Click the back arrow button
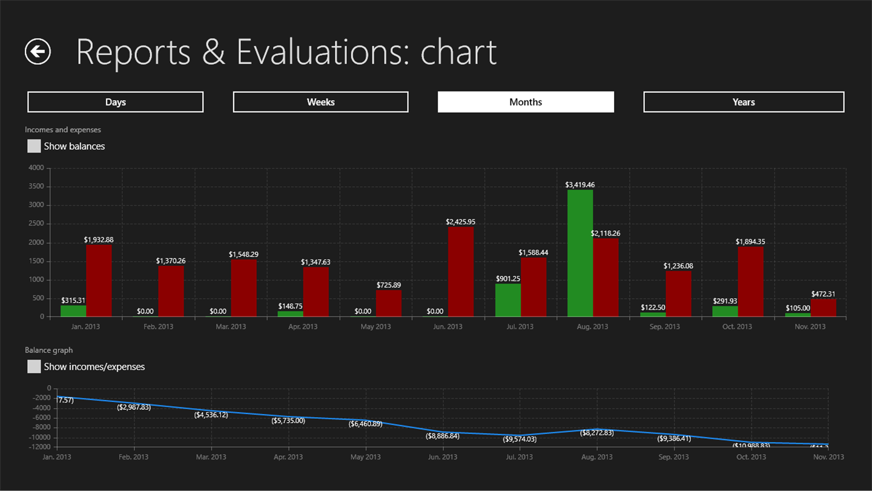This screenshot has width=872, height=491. coord(38,52)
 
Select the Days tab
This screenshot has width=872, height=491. coord(115,102)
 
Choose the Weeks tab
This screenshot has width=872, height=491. coord(320,102)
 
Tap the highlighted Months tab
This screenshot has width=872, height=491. coord(526,102)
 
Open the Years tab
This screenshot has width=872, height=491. coord(744,102)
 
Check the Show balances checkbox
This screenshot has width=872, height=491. coord(34,146)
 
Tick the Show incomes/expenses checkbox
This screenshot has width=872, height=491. coord(34,367)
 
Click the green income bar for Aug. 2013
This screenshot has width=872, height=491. coord(580,253)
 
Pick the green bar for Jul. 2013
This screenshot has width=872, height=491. coord(507,300)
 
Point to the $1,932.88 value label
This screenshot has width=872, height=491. coord(99,239)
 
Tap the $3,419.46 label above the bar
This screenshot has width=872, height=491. coord(580,185)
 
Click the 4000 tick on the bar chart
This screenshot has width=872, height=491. coord(36,167)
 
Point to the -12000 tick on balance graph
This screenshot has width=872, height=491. coord(41,447)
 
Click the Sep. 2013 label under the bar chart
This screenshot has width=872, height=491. coord(664,327)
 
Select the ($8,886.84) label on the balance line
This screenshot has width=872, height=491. coord(442,436)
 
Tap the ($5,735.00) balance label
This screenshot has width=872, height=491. coord(288,420)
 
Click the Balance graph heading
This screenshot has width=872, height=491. coord(48,350)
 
